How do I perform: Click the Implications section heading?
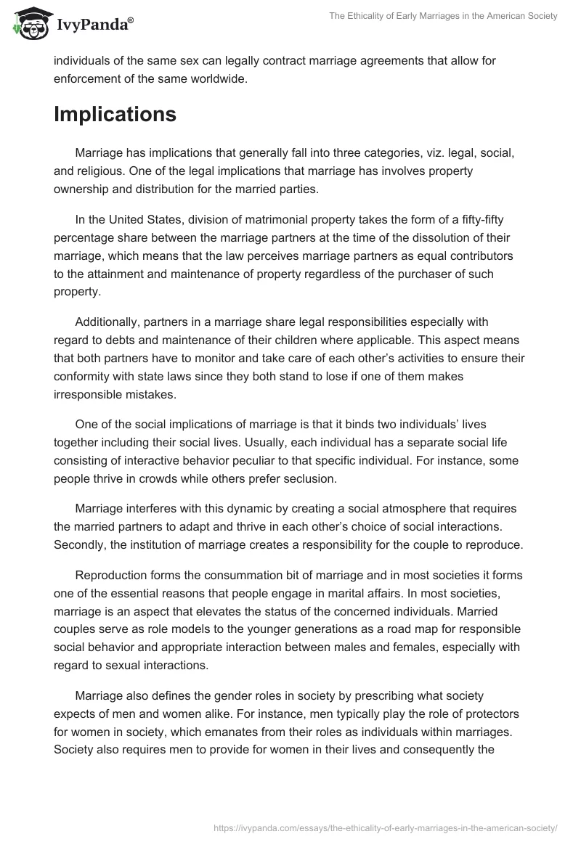click(115, 114)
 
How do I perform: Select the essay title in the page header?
click(433, 16)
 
